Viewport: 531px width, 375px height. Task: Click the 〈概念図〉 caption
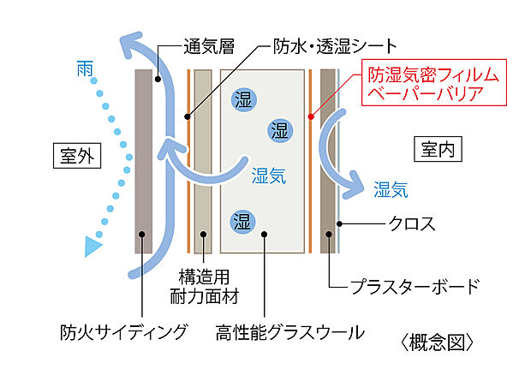click(x=438, y=342)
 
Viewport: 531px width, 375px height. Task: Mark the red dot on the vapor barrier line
click(x=310, y=114)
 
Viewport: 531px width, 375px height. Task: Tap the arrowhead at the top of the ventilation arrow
click(x=134, y=41)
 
